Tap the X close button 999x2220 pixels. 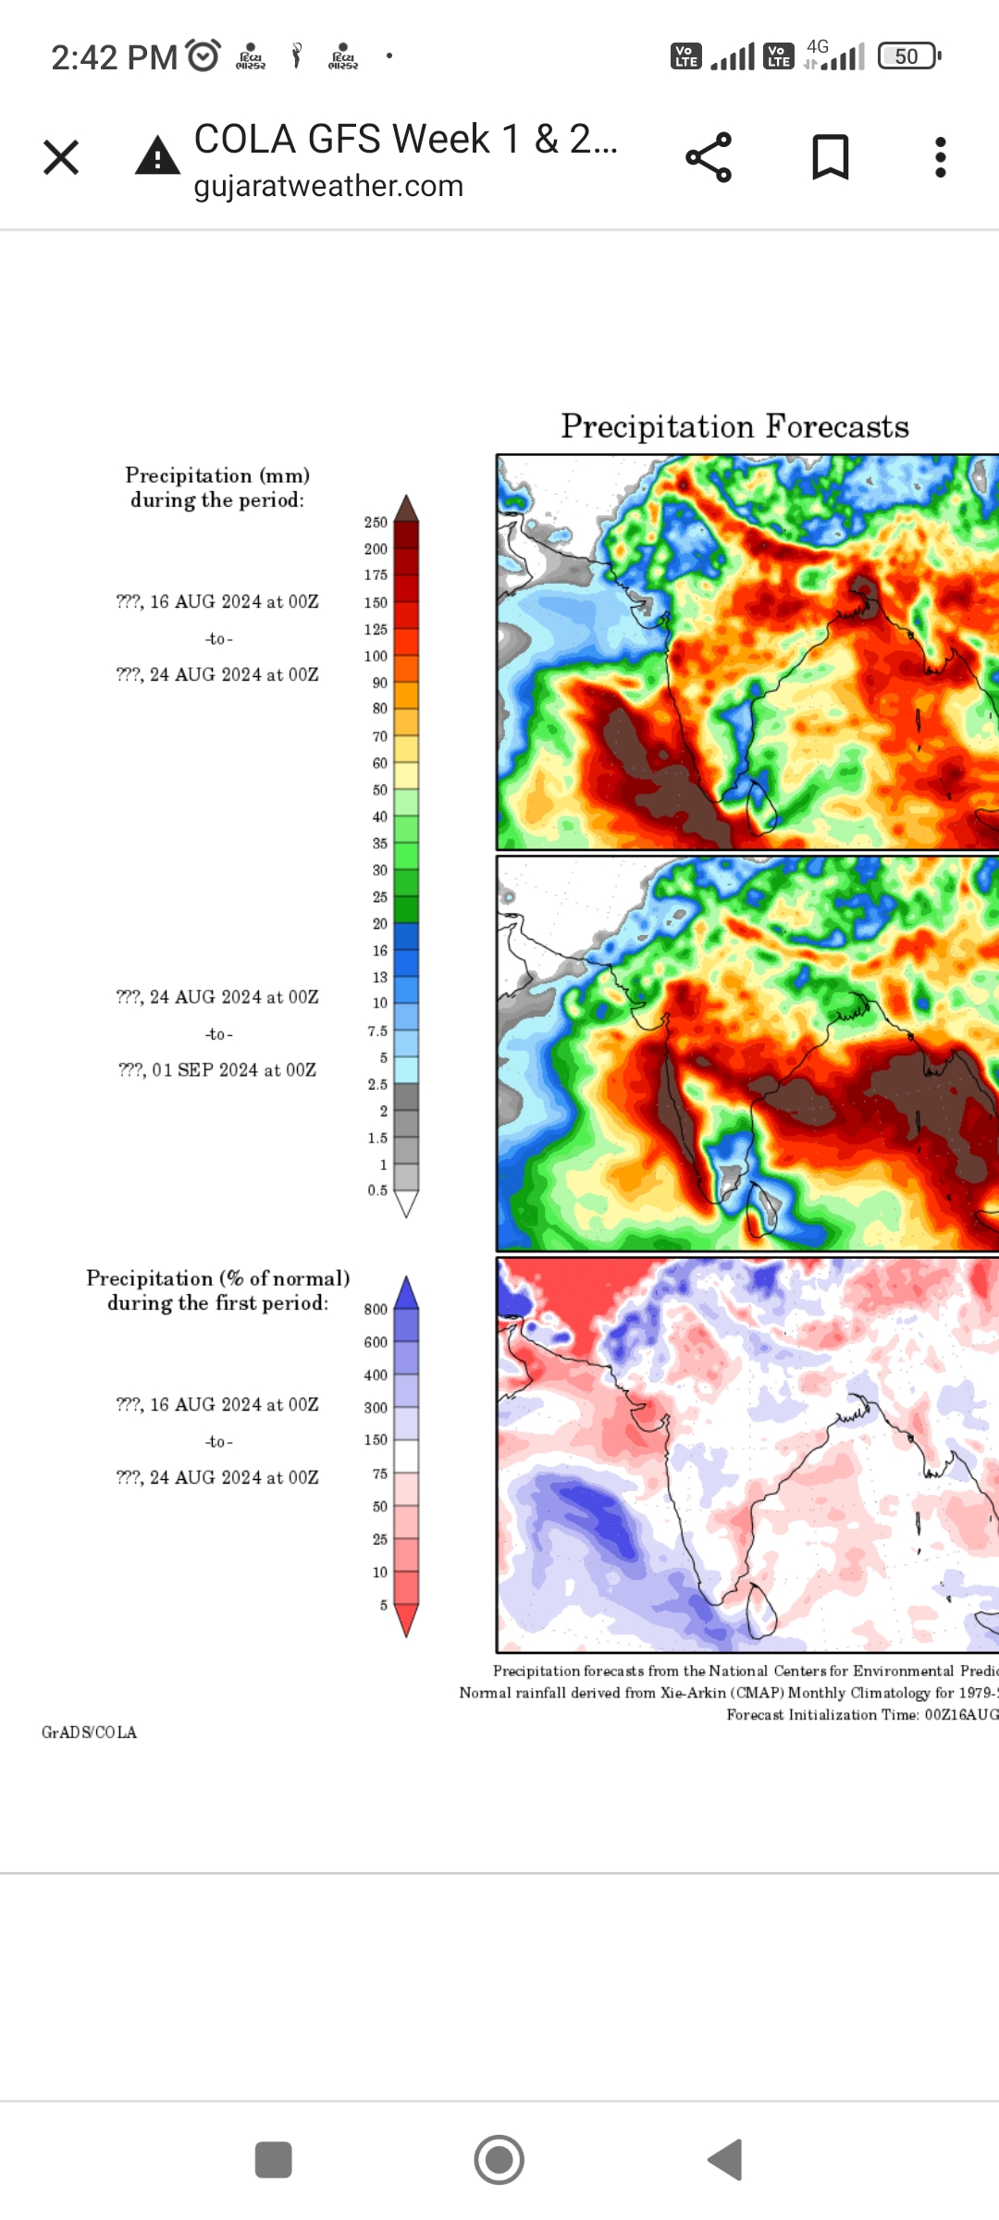(61, 157)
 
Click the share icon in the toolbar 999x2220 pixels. (709, 157)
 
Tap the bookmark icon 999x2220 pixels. (830, 157)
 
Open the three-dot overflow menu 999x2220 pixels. (940, 157)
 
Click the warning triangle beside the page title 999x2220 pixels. (158, 156)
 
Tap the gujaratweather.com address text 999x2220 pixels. (328, 186)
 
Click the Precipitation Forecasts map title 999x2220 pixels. (734, 426)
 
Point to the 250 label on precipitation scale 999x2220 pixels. (376, 523)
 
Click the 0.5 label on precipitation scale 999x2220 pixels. (377, 1190)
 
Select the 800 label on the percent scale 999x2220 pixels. (376, 1309)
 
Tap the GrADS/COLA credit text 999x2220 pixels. (89, 1733)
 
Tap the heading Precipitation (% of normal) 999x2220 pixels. (218, 1278)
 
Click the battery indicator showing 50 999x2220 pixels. (908, 56)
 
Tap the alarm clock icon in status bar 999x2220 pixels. (203, 56)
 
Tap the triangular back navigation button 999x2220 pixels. (725, 2160)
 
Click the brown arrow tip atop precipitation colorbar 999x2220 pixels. (406, 509)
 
